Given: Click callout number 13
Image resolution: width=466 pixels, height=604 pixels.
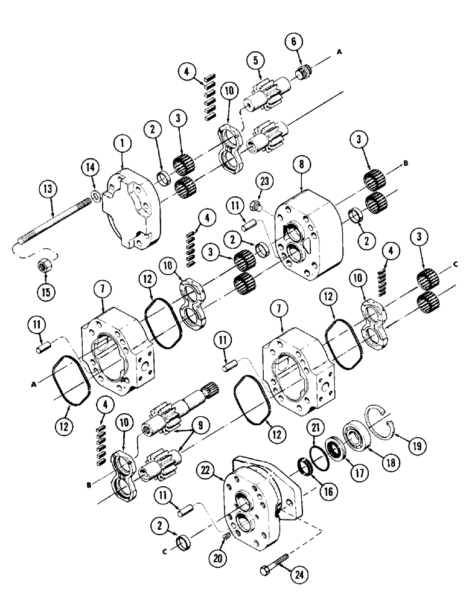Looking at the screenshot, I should pos(49,190).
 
